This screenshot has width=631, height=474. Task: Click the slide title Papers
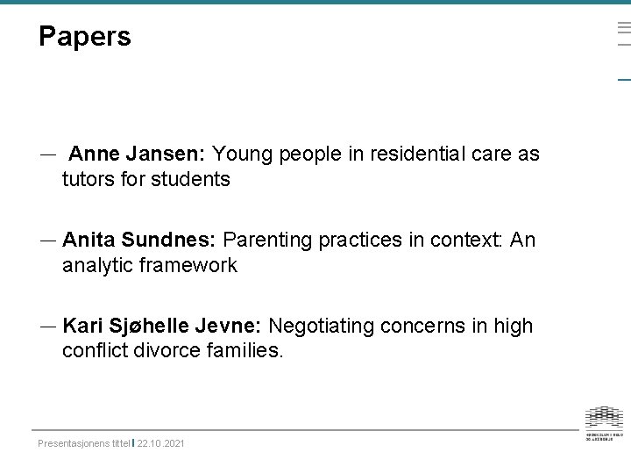[85, 37]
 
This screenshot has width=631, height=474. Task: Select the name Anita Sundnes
[140, 240]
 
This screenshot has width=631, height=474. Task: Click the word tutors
[89, 180]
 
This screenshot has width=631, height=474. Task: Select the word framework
[193, 265]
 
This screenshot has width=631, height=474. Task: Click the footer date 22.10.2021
[161, 444]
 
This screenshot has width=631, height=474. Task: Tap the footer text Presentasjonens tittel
[84, 444]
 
